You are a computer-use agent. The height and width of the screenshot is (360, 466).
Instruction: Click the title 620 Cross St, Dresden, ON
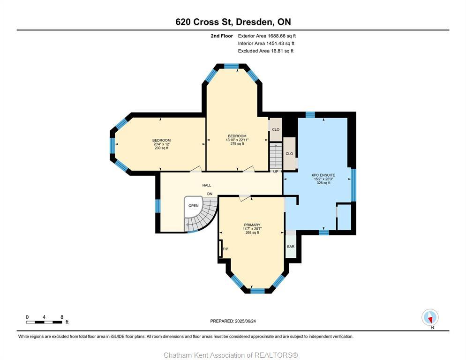[233, 22]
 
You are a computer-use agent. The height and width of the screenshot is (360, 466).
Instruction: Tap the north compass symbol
[430, 318]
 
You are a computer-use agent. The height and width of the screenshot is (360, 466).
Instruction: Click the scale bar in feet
[45, 322]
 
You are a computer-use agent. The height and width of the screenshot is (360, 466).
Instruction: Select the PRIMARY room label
[252, 225]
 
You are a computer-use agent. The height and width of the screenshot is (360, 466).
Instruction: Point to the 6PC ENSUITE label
[323, 175]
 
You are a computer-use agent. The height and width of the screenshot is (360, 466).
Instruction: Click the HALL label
[207, 186]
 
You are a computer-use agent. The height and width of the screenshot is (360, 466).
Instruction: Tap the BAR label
[291, 247]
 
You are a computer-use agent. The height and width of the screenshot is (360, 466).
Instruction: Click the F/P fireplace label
[225, 249]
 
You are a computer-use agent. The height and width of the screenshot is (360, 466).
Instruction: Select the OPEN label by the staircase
[194, 206]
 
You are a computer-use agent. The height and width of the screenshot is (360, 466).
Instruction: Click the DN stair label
[210, 194]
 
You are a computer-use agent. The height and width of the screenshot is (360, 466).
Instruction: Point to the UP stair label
[276, 172]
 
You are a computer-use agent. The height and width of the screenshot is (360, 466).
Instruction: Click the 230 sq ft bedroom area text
[161, 148]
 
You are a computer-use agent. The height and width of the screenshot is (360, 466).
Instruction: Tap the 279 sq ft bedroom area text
[237, 144]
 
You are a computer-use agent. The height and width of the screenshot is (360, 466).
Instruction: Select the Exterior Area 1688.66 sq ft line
[267, 36]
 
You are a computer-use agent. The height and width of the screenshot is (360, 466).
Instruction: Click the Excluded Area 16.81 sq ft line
[265, 51]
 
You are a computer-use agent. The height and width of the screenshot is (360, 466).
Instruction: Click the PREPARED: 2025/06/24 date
[233, 321]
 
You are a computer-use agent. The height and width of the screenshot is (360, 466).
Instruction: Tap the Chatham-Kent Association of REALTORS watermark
[231, 355]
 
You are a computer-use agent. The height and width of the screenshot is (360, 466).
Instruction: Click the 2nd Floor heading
[222, 36]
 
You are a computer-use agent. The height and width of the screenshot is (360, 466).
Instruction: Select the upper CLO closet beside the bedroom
[276, 130]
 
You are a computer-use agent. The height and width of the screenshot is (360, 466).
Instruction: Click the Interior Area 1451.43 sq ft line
[266, 43]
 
